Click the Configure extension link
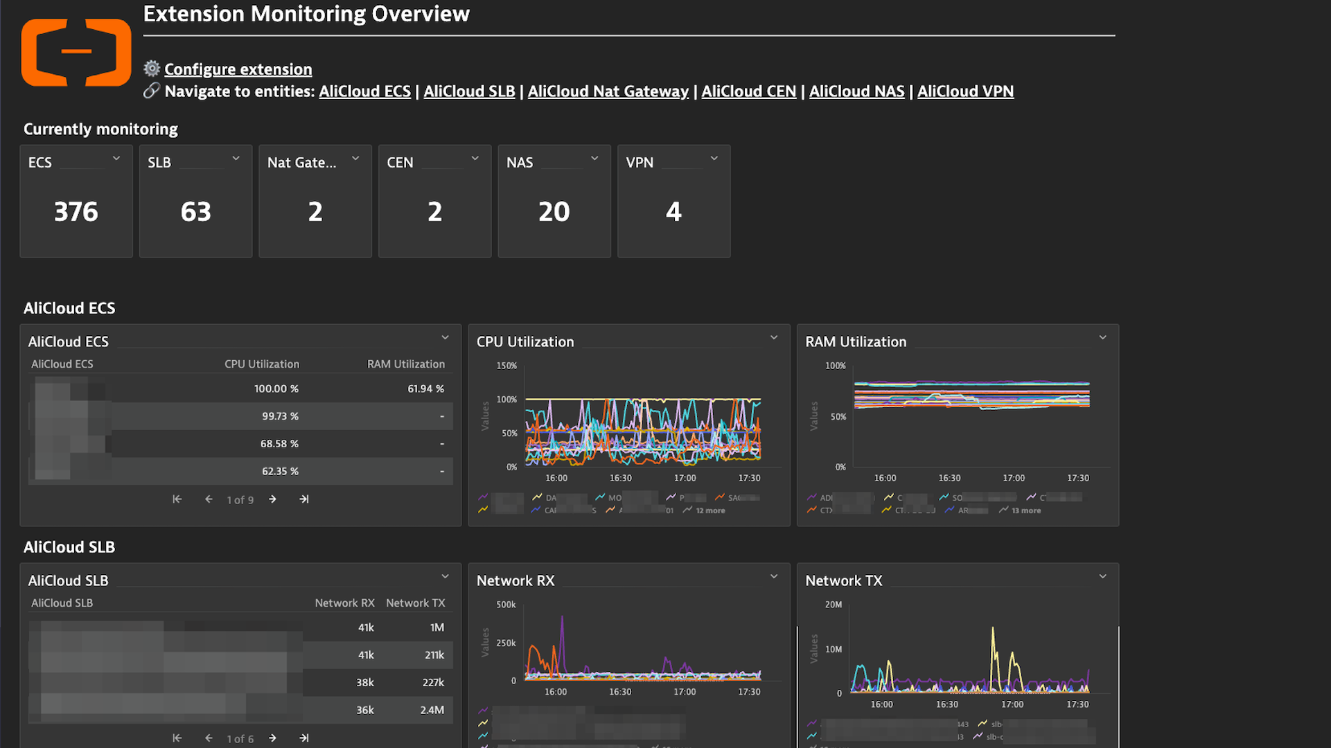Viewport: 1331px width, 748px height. (238, 69)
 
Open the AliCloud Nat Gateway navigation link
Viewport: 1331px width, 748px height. (608, 91)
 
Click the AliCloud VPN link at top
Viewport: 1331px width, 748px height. (965, 91)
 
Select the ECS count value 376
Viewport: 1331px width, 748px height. (76, 211)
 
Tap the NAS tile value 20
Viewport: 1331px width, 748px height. (554, 211)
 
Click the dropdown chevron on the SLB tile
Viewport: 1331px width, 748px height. (236, 159)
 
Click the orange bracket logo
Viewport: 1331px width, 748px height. (76, 52)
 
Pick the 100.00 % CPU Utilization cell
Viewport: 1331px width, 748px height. (276, 389)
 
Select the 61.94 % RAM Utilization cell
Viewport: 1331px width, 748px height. (425, 389)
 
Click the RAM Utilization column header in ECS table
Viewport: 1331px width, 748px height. (405, 364)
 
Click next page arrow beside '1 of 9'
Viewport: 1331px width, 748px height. (273, 499)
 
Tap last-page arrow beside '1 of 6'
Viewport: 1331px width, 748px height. (304, 738)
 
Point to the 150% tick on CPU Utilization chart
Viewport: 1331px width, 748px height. (506, 366)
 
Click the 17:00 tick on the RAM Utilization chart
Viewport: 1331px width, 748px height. (1014, 478)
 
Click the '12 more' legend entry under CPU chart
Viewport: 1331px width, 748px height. (709, 510)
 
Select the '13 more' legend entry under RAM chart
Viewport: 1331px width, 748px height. (1025, 510)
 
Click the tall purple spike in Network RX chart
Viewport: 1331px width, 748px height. (562, 618)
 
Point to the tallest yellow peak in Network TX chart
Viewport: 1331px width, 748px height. (993, 629)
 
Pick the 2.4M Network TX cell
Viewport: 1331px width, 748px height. (432, 710)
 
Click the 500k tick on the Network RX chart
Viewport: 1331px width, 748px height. (506, 605)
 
